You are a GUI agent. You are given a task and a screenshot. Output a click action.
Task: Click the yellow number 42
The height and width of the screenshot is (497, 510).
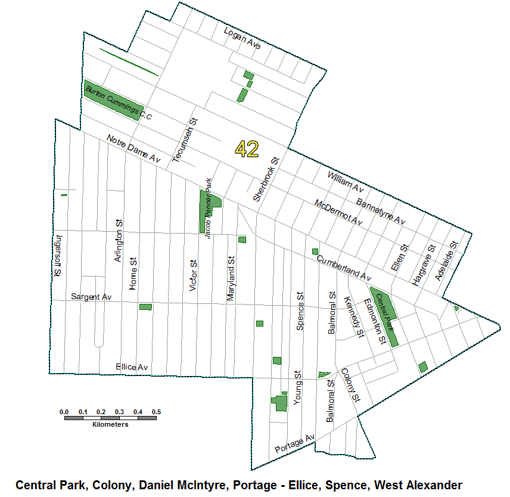247,148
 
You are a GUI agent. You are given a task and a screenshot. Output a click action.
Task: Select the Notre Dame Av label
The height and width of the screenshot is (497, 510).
134,149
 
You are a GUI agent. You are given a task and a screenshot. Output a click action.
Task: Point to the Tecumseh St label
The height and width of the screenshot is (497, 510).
185,141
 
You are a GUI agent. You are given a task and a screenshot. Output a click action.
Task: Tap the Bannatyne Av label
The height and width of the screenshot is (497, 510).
381,211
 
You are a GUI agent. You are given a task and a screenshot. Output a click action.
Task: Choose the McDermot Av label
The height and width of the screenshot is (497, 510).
338,212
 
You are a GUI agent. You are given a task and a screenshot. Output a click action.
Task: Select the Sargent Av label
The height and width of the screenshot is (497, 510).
91,296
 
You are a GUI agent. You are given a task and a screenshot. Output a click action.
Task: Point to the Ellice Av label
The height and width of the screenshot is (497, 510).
132,367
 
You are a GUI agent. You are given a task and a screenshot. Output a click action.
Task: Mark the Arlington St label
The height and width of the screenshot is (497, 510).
119,240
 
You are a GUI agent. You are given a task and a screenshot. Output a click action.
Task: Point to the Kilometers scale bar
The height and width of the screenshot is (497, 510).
110,418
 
